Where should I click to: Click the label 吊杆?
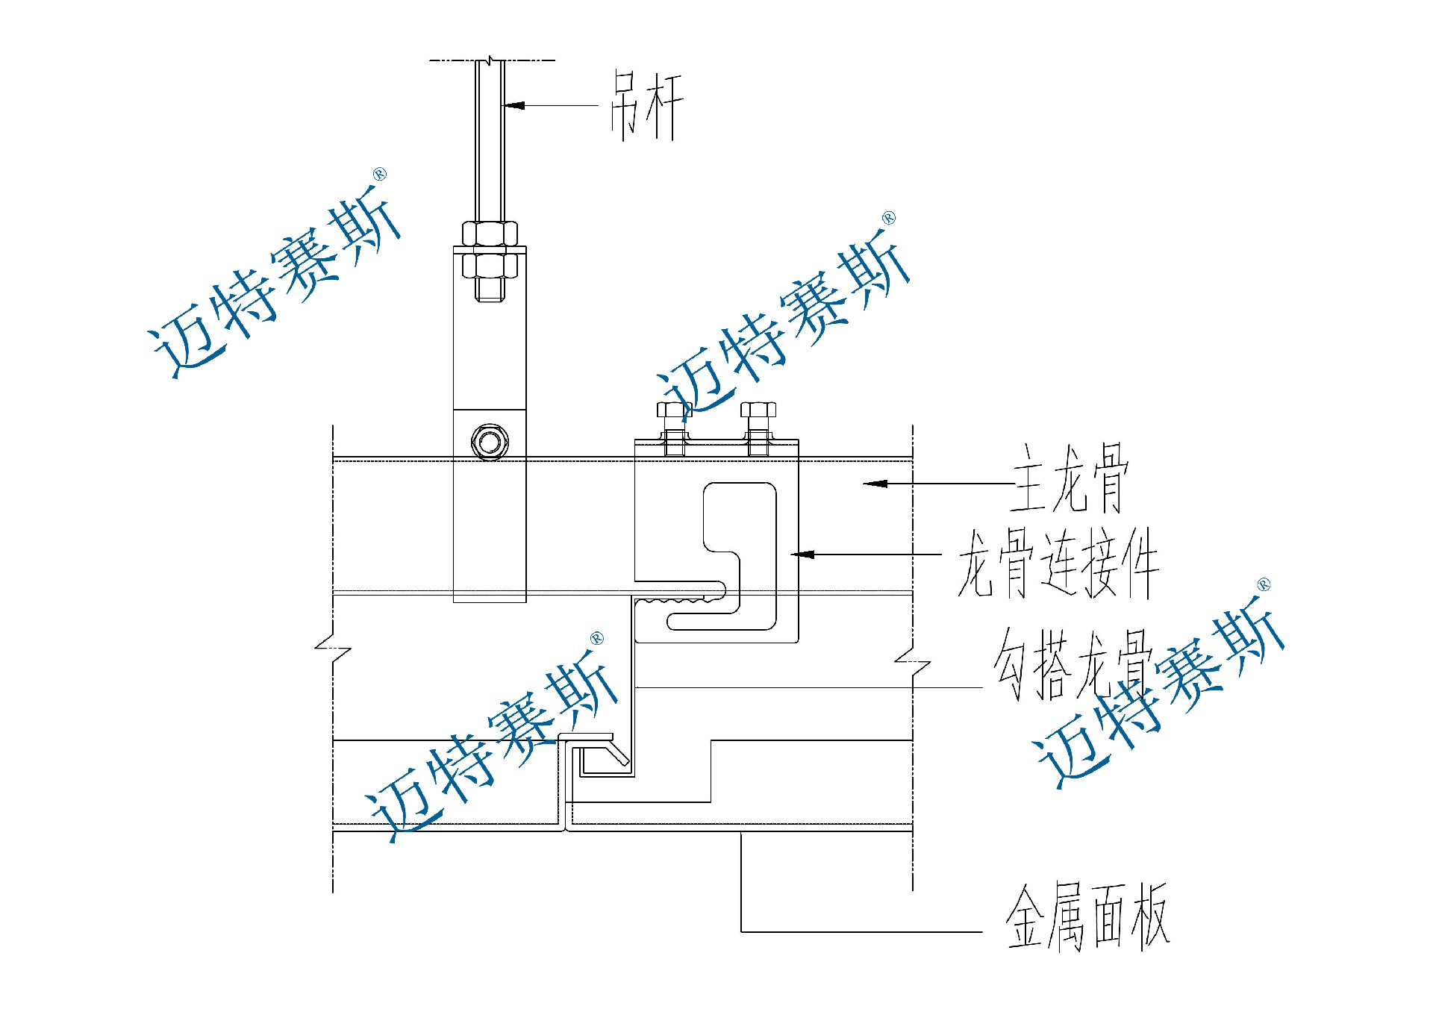point(646,106)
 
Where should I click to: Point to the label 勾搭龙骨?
point(1070,664)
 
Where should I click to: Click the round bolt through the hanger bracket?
point(490,442)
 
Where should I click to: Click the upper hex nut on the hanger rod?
point(490,233)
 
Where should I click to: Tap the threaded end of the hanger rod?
point(490,290)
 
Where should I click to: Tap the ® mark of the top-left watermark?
point(380,175)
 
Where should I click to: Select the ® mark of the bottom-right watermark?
point(1264,584)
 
